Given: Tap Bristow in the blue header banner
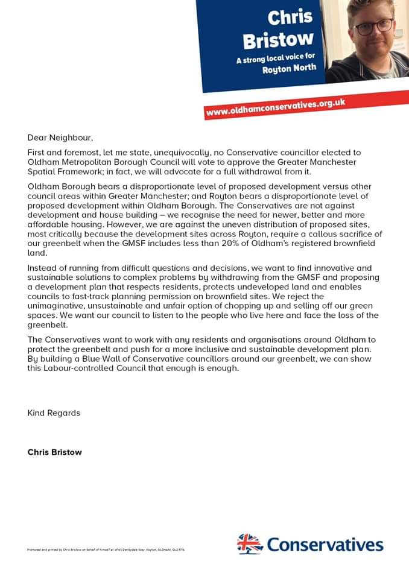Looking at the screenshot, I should (278, 40).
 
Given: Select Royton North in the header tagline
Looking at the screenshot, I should (288, 69).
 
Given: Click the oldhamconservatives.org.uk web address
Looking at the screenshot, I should (275, 107).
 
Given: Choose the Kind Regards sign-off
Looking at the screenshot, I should (54, 413).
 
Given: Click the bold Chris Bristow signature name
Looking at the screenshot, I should (55, 452).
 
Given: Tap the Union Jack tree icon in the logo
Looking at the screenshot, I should (249, 543).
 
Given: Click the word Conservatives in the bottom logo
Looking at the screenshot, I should (325, 545).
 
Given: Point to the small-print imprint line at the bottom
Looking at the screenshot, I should (106, 549).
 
